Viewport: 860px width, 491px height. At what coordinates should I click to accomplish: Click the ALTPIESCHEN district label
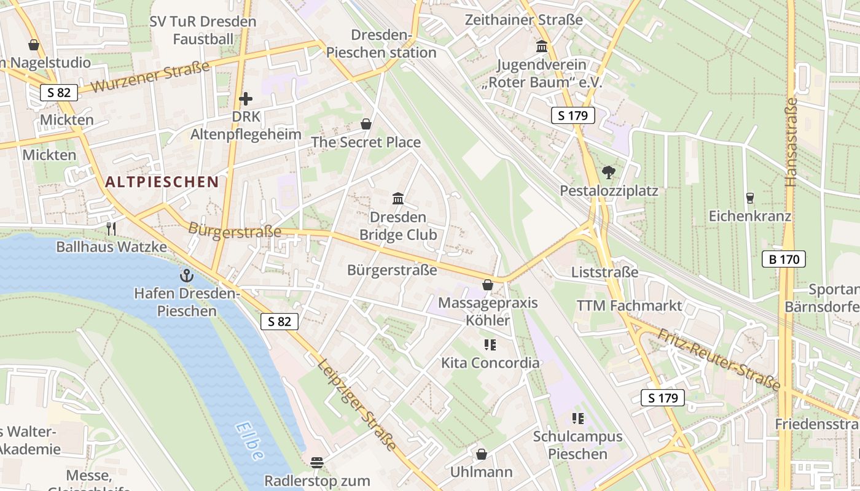(162, 182)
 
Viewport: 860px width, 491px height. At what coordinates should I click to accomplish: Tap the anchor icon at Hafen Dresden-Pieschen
(187, 276)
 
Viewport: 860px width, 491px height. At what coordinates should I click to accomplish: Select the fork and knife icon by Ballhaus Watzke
(111, 229)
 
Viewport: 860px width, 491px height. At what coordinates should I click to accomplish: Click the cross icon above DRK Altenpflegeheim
(246, 98)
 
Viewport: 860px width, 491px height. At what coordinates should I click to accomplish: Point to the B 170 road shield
(784, 260)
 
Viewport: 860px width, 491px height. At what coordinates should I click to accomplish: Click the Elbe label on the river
(250, 441)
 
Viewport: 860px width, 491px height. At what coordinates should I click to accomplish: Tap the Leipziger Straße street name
(357, 404)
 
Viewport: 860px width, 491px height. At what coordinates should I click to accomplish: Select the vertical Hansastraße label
(791, 142)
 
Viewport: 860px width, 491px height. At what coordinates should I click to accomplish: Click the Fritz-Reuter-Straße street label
(719, 359)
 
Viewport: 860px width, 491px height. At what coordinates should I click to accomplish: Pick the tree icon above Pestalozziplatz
(609, 172)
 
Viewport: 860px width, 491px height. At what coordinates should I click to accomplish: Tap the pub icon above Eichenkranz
(749, 198)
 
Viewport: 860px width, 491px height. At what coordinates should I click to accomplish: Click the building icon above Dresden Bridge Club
(398, 199)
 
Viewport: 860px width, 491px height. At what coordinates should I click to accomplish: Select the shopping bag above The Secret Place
(366, 124)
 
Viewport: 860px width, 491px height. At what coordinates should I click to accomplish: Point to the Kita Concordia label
(490, 363)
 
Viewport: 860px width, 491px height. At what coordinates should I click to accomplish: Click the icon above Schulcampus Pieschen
(577, 419)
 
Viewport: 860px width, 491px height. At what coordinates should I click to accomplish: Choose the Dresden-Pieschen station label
(381, 44)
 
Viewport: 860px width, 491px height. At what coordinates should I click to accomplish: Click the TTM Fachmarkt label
(629, 306)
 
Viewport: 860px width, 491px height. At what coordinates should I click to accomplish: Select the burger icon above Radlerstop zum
(317, 462)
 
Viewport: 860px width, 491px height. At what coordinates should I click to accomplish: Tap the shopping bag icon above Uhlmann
(482, 454)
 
